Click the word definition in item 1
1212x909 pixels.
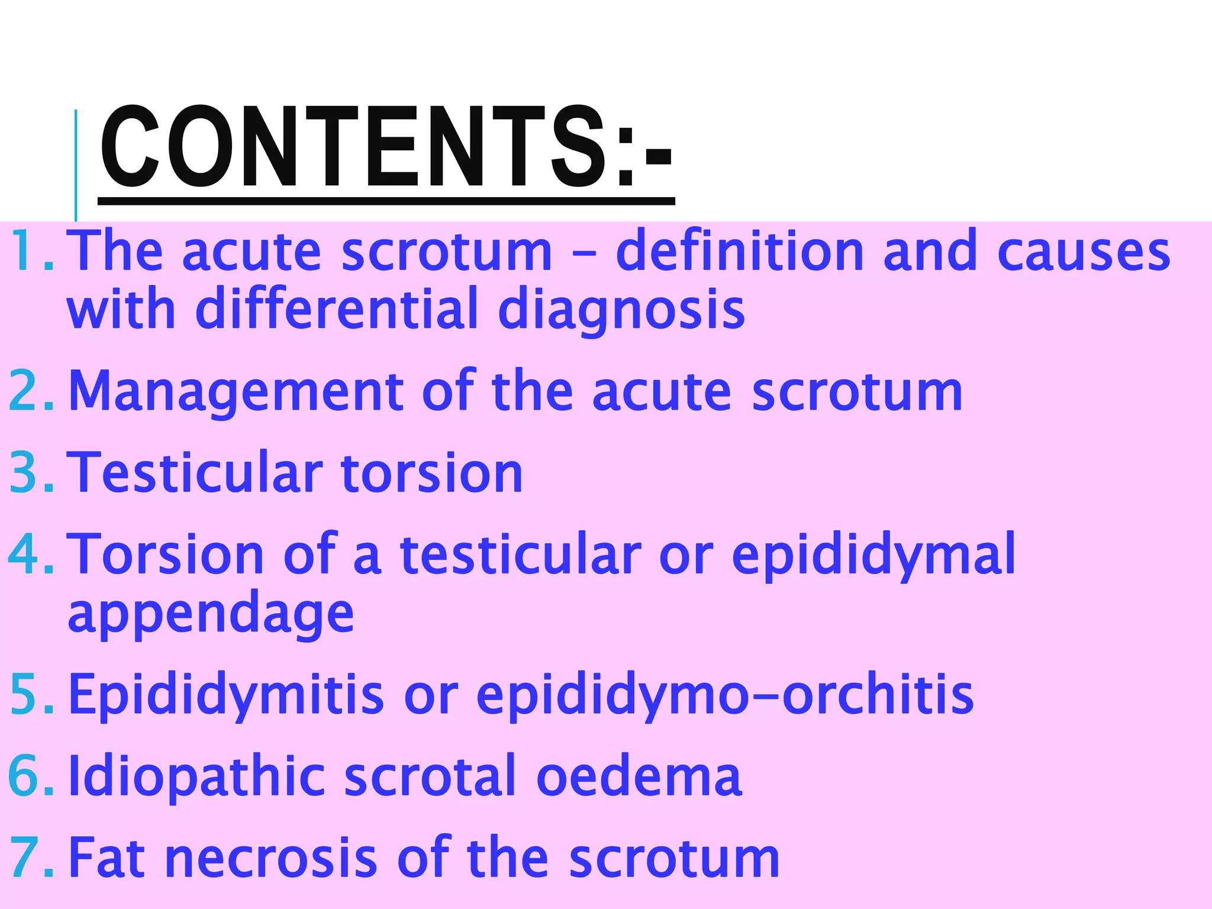tap(740, 252)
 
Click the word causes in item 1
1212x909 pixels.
tap(1083, 252)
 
